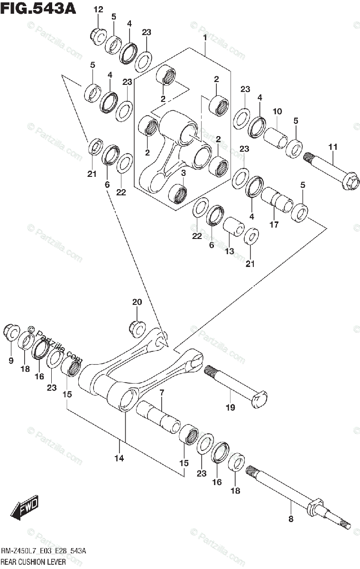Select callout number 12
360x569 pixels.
click(98, 9)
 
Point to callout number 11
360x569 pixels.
click(332, 147)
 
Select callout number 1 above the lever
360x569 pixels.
click(205, 37)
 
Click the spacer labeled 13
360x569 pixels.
click(234, 227)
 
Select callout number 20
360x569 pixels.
click(137, 302)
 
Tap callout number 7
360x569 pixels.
click(161, 393)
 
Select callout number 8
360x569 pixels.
click(290, 519)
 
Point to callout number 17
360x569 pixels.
click(274, 224)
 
